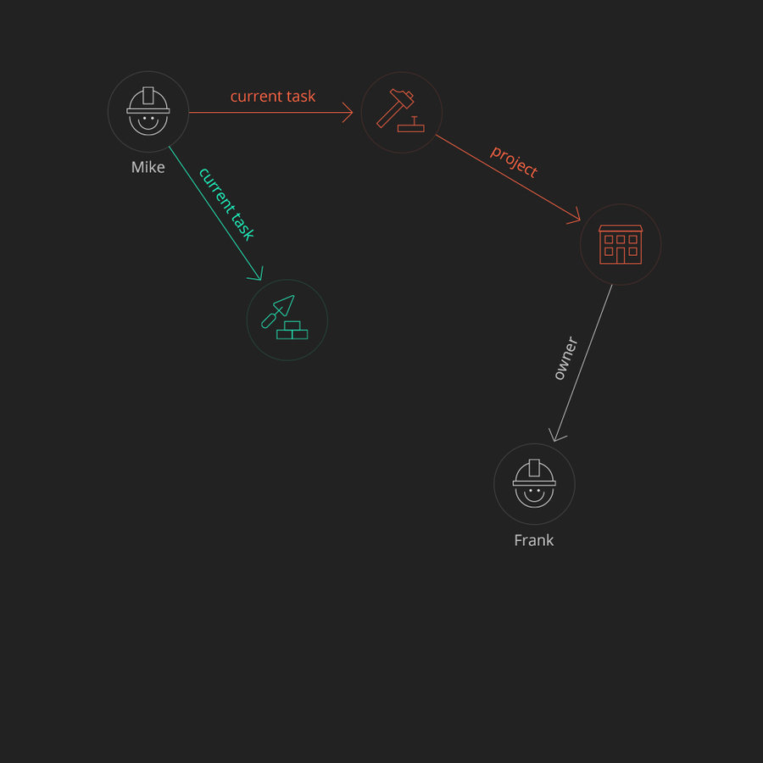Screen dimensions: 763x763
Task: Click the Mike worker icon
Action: [148, 112]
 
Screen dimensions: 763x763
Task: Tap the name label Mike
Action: [148, 168]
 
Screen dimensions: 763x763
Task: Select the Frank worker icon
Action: [534, 484]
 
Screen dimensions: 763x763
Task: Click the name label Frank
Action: [534, 540]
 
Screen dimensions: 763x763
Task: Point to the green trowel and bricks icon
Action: [287, 320]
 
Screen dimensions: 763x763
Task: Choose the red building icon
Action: [621, 244]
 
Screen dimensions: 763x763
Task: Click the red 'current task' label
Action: [273, 97]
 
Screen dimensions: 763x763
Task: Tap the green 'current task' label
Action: [226, 203]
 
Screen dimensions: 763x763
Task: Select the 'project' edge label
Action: [514, 161]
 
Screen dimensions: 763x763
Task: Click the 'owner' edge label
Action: [565, 358]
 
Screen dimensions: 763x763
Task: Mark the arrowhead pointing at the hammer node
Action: [348, 112]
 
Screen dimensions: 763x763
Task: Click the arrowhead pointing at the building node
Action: [575, 217]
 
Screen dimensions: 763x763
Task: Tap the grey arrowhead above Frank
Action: [556, 436]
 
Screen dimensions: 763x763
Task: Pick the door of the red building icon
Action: [621, 254]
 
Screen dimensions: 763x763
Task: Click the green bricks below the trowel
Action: [292, 331]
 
